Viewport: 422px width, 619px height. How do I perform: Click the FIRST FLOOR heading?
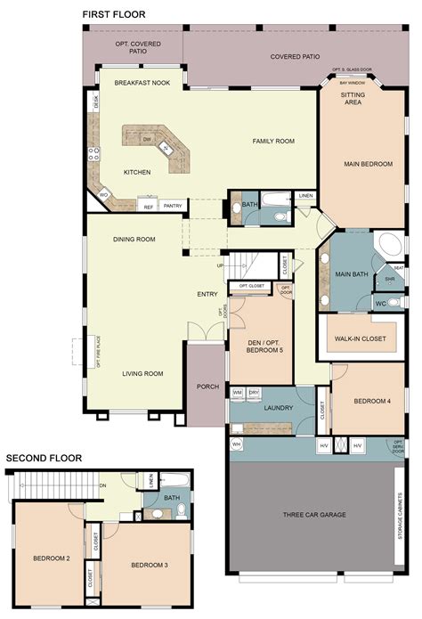(x=115, y=15)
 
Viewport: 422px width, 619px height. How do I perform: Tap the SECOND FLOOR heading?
(x=44, y=459)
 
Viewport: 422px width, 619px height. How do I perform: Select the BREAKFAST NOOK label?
(x=142, y=82)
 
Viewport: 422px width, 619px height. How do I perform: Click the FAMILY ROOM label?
(x=273, y=142)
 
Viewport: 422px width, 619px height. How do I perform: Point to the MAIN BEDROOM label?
(x=368, y=164)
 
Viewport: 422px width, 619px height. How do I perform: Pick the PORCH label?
(x=208, y=387)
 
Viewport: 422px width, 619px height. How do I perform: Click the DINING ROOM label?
(x=134, y=239)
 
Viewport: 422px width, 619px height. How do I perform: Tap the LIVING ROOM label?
(x=142, y=373)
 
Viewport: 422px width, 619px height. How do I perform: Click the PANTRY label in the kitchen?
(x=174, y=205)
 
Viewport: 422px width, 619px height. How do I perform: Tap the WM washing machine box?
(x=238, y=392)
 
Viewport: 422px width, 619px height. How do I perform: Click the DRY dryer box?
(x=254, y=392)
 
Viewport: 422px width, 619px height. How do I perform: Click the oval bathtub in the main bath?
(x=389, y=246)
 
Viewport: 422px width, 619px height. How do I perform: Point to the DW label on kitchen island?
(x=147, y=140)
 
